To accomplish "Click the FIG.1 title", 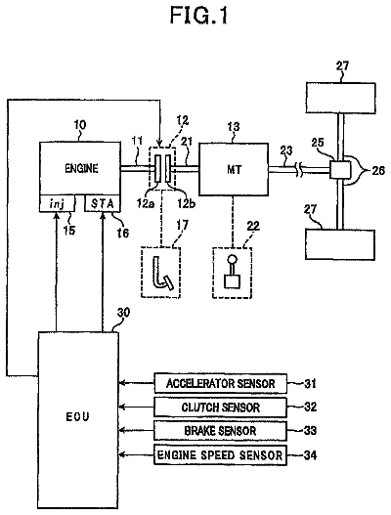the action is tap(199, 15).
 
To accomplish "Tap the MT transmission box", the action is tap(234, 169).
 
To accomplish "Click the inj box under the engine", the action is tap(57, 203).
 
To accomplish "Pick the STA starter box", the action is tap(103, 203).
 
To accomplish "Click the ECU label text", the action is tap(77, 417).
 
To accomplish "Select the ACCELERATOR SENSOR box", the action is tap(221, 383).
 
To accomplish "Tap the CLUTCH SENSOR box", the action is tap(221, 408).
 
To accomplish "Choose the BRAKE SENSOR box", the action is tap(221, 431).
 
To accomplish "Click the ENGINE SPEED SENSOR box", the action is tap(221, 454).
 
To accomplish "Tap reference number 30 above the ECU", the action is tap(123, 313).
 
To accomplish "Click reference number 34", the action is tap(310, 455).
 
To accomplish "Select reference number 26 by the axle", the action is tap(378, 170).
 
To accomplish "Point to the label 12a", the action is tap(146, 203).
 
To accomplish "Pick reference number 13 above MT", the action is tap(234, 127).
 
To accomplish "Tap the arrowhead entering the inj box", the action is tap(57, 215).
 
